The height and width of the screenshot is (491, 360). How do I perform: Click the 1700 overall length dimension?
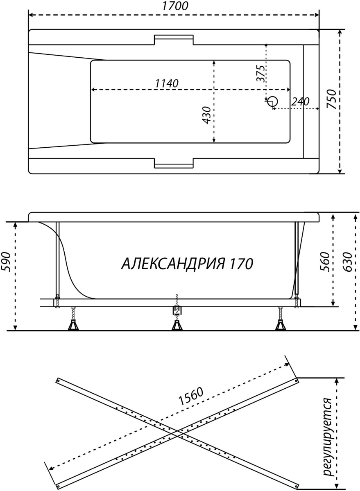coord(175,6)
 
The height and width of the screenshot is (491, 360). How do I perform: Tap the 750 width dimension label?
coord(331,99)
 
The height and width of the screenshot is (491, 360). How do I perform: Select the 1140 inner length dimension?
coord(167,83)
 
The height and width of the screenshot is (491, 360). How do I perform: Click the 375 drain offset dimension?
coord(260,73)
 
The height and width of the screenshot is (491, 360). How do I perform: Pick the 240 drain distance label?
coord(300,101)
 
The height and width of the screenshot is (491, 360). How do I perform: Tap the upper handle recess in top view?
coord(174,40)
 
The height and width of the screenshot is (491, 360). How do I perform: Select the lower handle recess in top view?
coord(174,163)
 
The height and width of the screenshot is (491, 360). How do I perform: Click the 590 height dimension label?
coord(6,262)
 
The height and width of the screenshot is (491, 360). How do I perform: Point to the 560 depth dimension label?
coord(325,262)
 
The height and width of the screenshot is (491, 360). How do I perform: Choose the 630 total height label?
coord(347,262)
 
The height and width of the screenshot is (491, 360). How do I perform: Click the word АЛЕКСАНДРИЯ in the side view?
coord(173,264)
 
